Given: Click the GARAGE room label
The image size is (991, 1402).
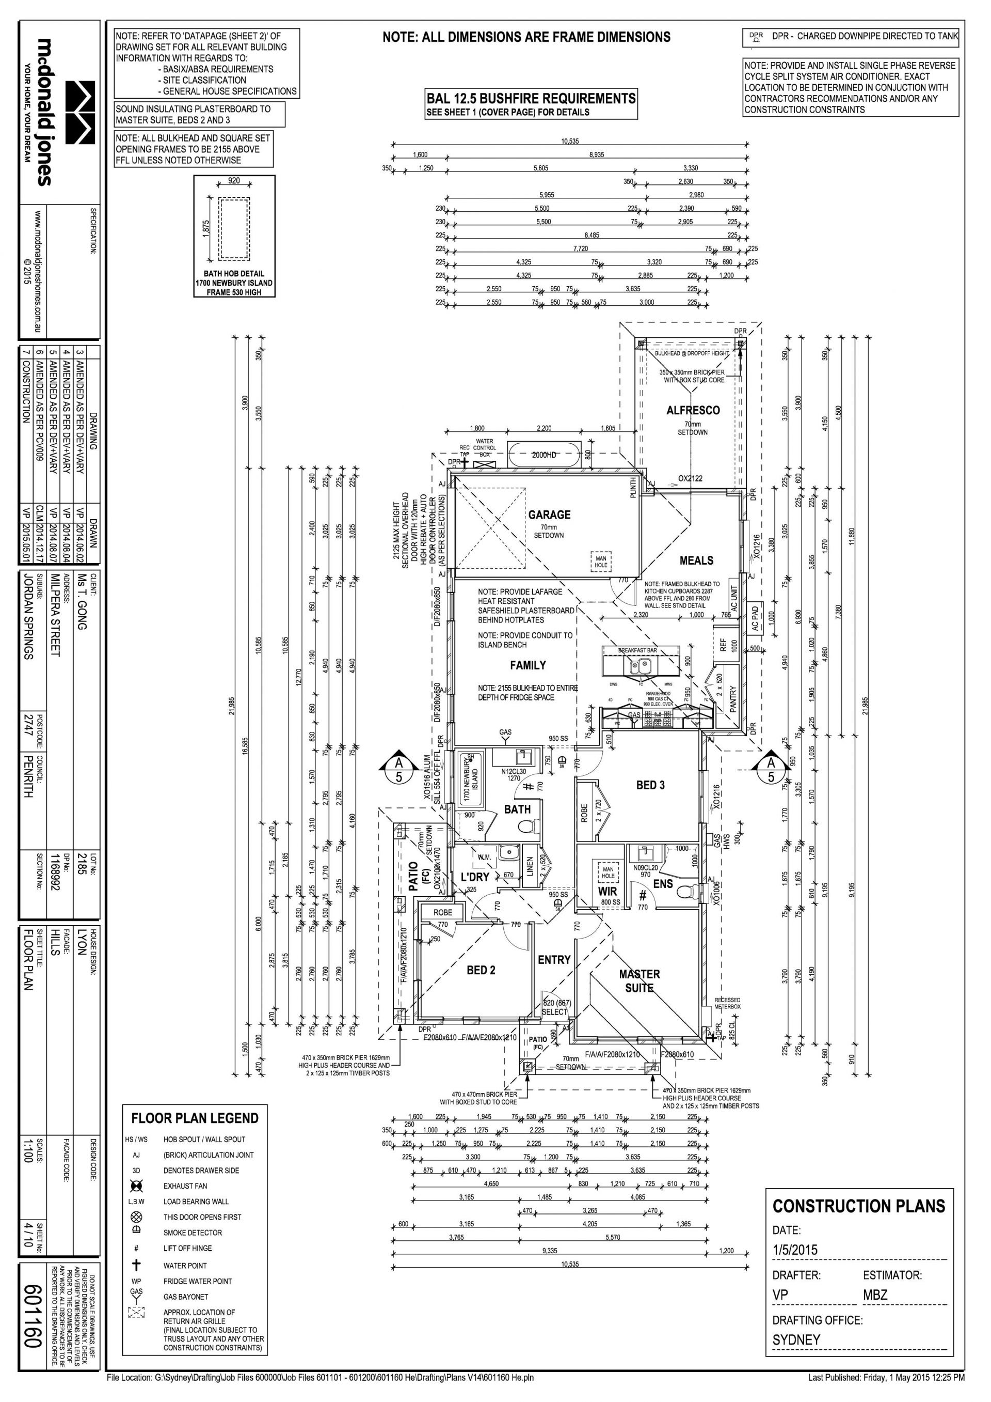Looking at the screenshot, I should pos(549,515).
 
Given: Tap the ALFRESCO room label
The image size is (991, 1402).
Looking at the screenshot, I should pos(693,410).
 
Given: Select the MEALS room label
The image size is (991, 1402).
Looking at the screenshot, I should pos(696,560).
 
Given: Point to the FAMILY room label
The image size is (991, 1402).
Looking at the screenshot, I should pos(528,665).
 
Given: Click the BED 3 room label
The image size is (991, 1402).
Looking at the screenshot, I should pos(650,785).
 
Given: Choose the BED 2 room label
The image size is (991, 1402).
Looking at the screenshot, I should pos(481,970).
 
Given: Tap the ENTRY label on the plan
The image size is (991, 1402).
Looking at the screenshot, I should pos(553,960).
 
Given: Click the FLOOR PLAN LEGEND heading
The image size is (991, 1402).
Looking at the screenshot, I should pos(195,1118).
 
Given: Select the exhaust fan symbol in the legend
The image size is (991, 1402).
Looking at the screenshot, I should pos(136,1186).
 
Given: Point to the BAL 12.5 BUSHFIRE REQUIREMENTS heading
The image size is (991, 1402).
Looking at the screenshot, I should pos(530,98).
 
